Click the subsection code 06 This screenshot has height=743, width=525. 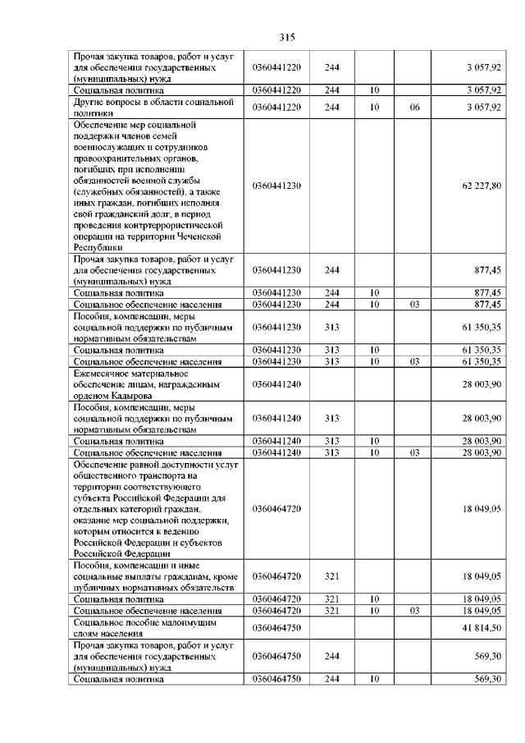(414, 107)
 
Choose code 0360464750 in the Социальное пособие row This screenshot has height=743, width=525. (278, 627)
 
